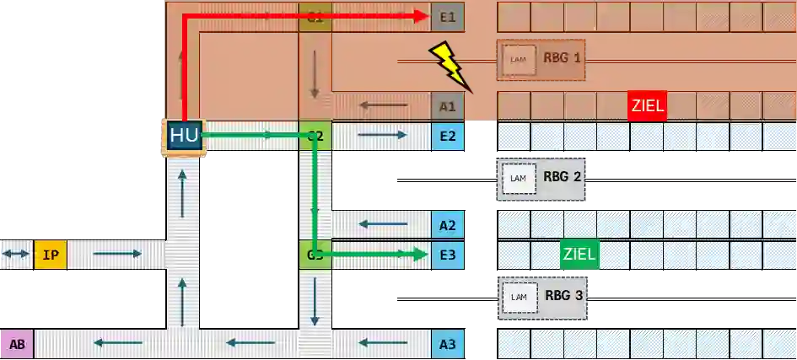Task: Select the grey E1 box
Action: pos(447,16)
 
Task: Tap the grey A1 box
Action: pos(447,106)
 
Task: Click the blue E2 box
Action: pos(447,135)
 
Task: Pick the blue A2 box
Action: pos(447,224)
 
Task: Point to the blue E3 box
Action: pos(447,254)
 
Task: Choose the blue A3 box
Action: pos(447,343)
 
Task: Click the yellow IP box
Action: pos(50,254)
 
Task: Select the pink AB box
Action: pos(17,344)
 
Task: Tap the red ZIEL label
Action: pos(647,106)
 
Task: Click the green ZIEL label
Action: pos(579,254)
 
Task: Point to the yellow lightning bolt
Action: pos(451,66)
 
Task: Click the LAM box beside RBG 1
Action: pos(519,60)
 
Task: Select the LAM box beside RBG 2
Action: pos(519,178)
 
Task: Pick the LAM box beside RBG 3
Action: pos(519,297)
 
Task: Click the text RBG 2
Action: pos(562,177)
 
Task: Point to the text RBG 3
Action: pos(562,296)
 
